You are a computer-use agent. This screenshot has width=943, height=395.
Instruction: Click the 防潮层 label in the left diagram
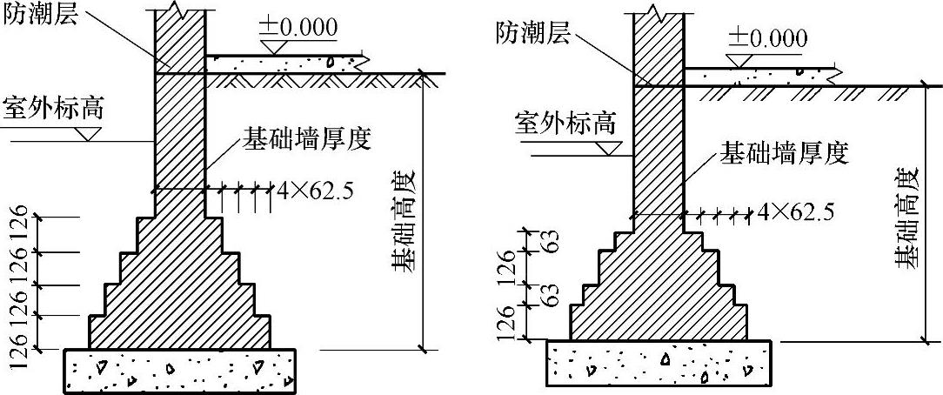41,15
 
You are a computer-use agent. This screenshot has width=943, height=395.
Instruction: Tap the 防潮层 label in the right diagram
533,33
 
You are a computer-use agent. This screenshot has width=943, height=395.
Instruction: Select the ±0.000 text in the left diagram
297,27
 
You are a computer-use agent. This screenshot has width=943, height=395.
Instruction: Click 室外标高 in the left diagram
54,109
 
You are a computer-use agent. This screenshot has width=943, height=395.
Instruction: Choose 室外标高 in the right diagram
565,123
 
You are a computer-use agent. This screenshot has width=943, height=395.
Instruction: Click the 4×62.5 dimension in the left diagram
311,190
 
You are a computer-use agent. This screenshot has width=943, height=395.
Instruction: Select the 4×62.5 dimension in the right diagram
796,211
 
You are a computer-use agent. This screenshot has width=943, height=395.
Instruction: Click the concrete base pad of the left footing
179,370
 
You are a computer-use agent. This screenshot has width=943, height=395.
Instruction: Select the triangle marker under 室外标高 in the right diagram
616,148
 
